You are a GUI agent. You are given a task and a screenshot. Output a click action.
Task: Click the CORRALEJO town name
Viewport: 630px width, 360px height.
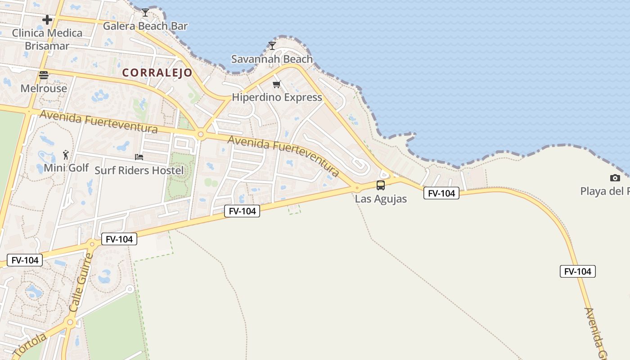157,72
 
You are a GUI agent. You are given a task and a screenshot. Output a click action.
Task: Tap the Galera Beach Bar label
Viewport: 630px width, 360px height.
145,26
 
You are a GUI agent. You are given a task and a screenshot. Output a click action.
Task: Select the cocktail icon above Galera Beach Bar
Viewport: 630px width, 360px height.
145,12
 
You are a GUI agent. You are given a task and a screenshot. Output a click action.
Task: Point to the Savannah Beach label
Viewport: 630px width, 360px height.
272,59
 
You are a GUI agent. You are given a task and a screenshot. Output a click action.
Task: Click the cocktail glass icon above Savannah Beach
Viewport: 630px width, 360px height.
272,45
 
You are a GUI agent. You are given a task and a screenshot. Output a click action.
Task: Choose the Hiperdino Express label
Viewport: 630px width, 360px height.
277,97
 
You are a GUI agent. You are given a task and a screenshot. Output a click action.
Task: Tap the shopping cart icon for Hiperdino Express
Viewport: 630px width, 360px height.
277,84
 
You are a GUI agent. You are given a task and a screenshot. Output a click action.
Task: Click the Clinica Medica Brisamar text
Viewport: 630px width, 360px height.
47,39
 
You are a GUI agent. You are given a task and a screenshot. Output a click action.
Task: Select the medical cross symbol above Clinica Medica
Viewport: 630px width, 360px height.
47,20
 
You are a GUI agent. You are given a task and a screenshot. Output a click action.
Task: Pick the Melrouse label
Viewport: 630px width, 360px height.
44,88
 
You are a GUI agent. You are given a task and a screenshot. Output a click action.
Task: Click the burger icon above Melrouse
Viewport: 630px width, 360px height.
44,75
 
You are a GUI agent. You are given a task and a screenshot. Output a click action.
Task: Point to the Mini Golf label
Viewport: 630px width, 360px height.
66,168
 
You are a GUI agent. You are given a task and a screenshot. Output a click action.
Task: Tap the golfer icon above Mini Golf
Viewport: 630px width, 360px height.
66,155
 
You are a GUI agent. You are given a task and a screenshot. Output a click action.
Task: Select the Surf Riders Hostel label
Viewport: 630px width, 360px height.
139,170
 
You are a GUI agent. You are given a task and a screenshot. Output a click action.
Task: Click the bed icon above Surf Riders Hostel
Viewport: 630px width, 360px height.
139,157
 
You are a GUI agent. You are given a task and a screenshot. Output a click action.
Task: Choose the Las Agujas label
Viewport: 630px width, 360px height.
381,198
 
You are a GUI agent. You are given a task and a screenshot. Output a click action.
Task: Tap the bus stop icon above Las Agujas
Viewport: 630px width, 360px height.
381,185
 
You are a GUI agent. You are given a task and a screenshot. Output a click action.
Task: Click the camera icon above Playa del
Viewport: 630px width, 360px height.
615,178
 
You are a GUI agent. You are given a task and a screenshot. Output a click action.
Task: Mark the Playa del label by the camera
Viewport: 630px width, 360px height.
605,191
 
